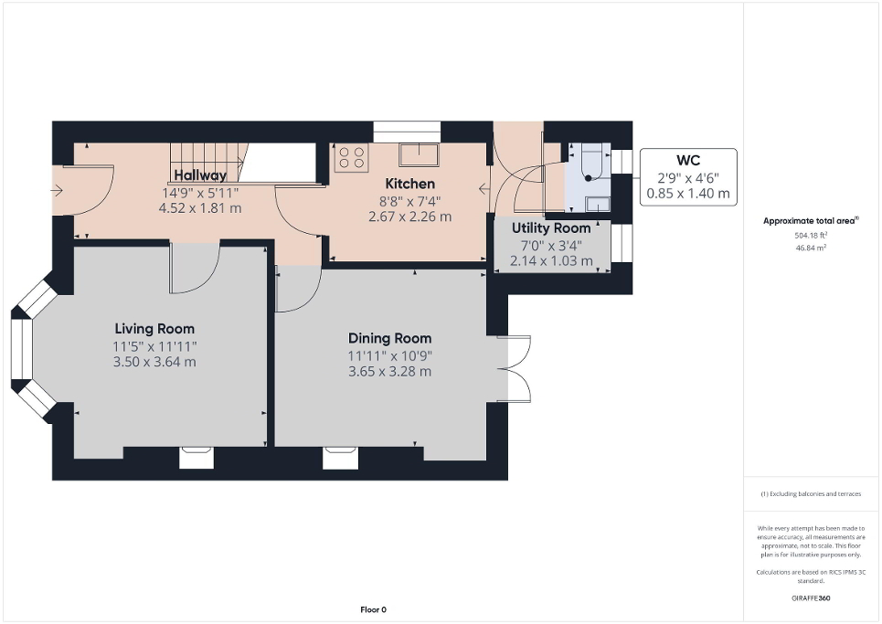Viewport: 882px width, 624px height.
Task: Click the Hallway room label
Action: pos(200,175)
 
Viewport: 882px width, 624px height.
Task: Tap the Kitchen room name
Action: pos(409,185)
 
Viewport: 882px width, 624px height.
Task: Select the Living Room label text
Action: pos(154,329)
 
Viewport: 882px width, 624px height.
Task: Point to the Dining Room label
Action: pos(389,338)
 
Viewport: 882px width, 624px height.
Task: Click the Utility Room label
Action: pos(551,228)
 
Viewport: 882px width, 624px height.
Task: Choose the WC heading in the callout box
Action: pos(687,161)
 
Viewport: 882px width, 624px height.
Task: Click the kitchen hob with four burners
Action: pos(351,159)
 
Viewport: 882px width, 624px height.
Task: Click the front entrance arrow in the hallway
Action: pos(58,190)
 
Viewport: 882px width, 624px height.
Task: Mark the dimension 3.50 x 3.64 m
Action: pos(155,362)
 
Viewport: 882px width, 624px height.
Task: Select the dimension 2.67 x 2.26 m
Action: pos(409,217)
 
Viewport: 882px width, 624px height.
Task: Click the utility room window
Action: pos(622,243)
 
